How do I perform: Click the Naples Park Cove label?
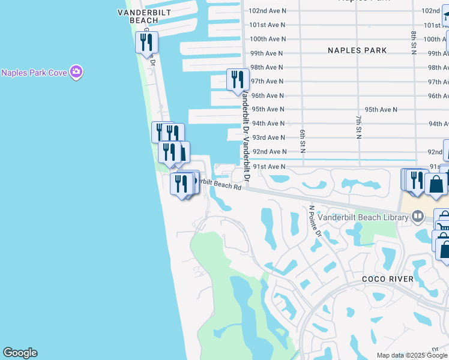coord(34,73)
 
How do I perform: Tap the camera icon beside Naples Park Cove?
coord(76,73)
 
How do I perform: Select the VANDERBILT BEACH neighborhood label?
coord(144,16)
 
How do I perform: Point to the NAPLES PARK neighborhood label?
coord(357,50)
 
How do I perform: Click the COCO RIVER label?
coord(388,279)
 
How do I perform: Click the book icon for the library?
coord(418,217)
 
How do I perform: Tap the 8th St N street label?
coord(414,41)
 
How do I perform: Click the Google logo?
coord(20,353)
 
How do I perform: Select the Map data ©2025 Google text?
coord(412,355)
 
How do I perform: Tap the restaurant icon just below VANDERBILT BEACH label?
coord(146,43)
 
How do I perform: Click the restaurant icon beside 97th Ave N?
coord(238,80)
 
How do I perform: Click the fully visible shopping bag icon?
coord(436,184)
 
